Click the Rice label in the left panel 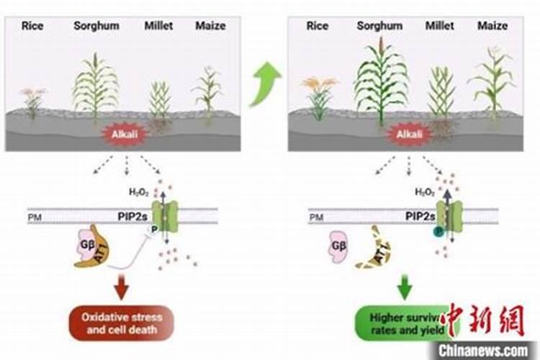[x=32, y=26]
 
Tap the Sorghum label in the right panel [x=379, y=26]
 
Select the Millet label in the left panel [x=158, y=26]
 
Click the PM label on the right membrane [x=317, y=216]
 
